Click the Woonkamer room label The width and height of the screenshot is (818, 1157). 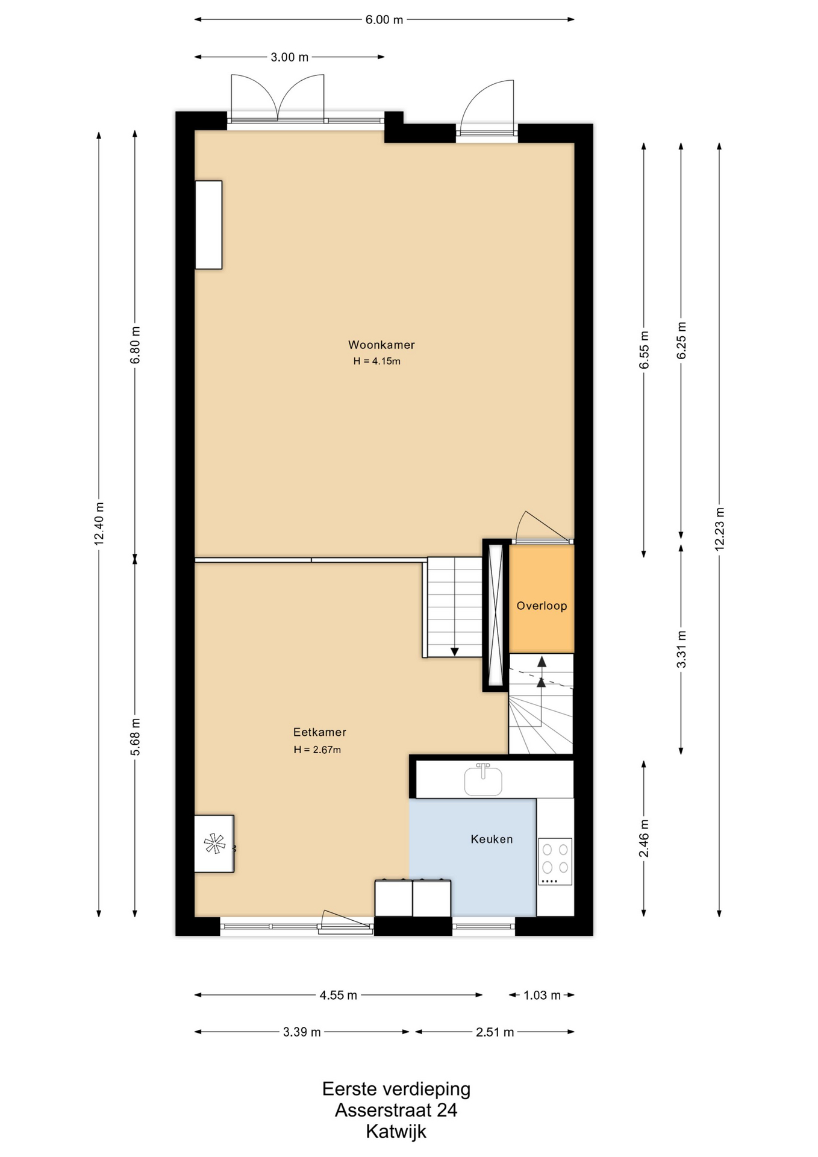click(381, 345)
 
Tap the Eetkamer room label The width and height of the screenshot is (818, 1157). click(319, 732)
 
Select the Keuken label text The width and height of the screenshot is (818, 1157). click(492, 839)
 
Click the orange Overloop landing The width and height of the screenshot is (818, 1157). click(542, 598)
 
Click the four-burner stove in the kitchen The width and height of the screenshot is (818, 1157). click(555, 861)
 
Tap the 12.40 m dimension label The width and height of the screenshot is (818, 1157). click(99, 523)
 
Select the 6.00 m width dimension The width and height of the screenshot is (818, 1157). click(384, 19)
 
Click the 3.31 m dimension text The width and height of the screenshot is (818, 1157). click(681, 649)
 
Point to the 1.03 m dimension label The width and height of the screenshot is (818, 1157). click(542, 995)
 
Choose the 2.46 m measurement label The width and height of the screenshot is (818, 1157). click(644, 838)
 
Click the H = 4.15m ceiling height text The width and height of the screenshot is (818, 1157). click(376, 362)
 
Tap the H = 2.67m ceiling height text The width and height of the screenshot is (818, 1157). click(317, 750)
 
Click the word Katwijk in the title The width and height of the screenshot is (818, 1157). click(396, 1132)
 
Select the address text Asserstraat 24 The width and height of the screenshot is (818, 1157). click(396, 1110)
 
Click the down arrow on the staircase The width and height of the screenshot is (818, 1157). click(454, 651)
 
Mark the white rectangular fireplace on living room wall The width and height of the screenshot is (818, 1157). click(208, 225)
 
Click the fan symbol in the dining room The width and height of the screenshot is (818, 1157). click(214, 843)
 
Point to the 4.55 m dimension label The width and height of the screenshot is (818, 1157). click(338, 995)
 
